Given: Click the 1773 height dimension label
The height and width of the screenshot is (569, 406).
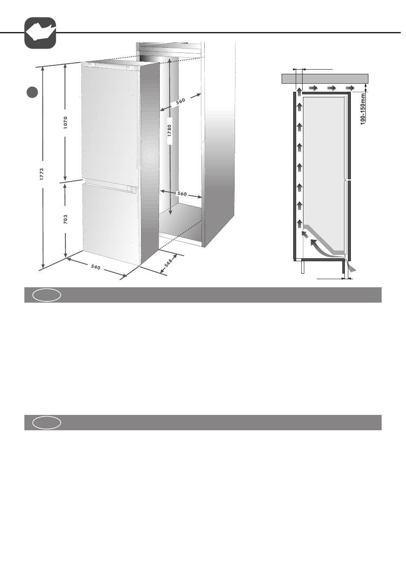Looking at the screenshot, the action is [x=42, y=174].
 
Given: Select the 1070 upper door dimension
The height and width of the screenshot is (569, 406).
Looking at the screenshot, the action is [x=66, y=123].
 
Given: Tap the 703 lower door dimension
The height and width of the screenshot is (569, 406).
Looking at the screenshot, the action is [x=66, y=219].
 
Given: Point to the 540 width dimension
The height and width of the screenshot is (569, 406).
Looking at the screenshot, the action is [x=96, y=267].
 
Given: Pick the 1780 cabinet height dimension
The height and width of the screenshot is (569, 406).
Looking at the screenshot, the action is [x=170, y=131].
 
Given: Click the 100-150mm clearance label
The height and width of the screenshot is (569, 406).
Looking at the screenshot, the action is [x=363, y=109].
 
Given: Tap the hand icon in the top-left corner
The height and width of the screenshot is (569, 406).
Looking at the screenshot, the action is [x=40, y=33].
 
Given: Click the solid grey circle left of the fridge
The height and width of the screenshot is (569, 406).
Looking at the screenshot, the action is [x=32, y=92].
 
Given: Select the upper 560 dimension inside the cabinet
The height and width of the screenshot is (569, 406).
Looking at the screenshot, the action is [x=180, y=101].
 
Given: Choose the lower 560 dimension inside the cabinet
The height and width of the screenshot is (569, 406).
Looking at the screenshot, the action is [x=182, y=194].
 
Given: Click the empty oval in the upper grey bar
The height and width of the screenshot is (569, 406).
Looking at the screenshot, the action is [x=47, y=295].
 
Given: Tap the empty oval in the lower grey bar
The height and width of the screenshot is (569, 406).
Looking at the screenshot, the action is [x=47, y=423].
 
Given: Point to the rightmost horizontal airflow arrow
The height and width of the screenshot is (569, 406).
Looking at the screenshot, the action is [x=350, y=88].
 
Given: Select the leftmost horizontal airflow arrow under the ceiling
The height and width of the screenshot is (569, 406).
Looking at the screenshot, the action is [x=313, y=88].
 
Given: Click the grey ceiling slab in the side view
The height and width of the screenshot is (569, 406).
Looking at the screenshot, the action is [x=325, y=79].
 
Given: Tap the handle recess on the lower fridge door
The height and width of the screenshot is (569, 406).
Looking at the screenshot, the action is [x=132, y=189].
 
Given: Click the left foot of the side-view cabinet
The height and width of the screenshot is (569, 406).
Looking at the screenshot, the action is [x=303, y=267].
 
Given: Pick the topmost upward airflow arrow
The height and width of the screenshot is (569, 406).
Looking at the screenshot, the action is [x=300, y=92].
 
